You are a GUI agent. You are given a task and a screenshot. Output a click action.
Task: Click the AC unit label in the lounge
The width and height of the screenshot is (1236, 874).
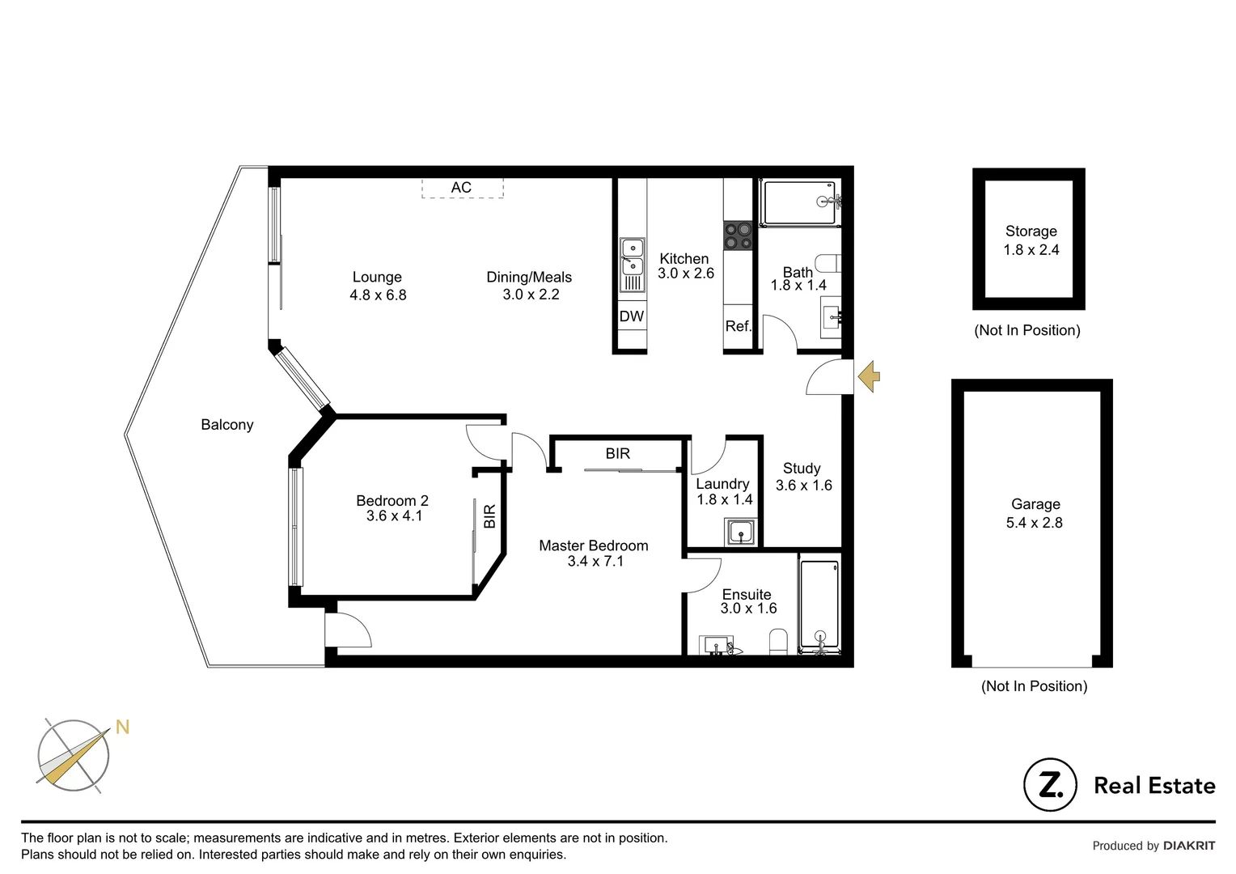[x=461, y=188]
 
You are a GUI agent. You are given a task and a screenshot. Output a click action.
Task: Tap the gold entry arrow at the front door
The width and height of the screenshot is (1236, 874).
[x=870, y=376]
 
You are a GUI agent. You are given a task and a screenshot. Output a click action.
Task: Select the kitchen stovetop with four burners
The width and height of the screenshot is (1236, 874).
[x=738, y=235]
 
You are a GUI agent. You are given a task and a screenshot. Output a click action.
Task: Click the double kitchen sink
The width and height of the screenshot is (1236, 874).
[x=632, y=257]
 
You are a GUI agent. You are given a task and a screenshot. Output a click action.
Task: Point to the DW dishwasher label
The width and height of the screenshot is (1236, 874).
[x=631, y=316]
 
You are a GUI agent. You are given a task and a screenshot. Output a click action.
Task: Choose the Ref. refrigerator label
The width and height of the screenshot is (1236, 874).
[x=738, y=326]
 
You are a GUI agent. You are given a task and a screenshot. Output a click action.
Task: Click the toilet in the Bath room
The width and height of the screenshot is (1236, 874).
[x=829, y=263]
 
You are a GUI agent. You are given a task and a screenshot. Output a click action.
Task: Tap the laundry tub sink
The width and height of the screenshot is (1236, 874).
[x=741, y=532]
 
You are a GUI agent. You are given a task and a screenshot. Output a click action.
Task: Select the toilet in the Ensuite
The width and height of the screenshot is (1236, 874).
[x=778, y=641]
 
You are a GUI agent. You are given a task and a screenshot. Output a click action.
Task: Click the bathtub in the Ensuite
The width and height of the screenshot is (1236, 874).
[x=819, y=604]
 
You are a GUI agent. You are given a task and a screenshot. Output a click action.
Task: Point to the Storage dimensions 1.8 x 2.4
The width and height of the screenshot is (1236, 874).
[x=1031, y=250]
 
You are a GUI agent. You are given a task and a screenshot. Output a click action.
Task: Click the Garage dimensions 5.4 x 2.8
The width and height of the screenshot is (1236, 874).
[x=1034, y=523]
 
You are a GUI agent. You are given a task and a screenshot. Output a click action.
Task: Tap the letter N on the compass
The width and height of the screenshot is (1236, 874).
[x=122, y=727]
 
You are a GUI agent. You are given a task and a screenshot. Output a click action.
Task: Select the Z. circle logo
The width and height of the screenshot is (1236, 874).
[x=1050, y=784]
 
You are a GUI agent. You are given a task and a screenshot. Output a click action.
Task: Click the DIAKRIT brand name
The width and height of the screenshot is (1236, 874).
[x=1188, y=846]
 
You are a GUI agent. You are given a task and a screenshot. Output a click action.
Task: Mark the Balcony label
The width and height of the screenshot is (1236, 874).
[x=226, y=425]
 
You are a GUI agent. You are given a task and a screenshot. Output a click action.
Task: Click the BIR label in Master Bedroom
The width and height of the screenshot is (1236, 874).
[x=617, y=454]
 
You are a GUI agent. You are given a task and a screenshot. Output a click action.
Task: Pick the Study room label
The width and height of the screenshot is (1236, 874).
[x=801, y=469]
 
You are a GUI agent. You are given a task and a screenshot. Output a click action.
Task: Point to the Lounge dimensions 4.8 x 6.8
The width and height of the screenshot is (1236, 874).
[x=378, y=295]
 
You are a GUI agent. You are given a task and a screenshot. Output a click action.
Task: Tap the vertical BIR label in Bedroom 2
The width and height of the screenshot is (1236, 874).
[x=489, y=516]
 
